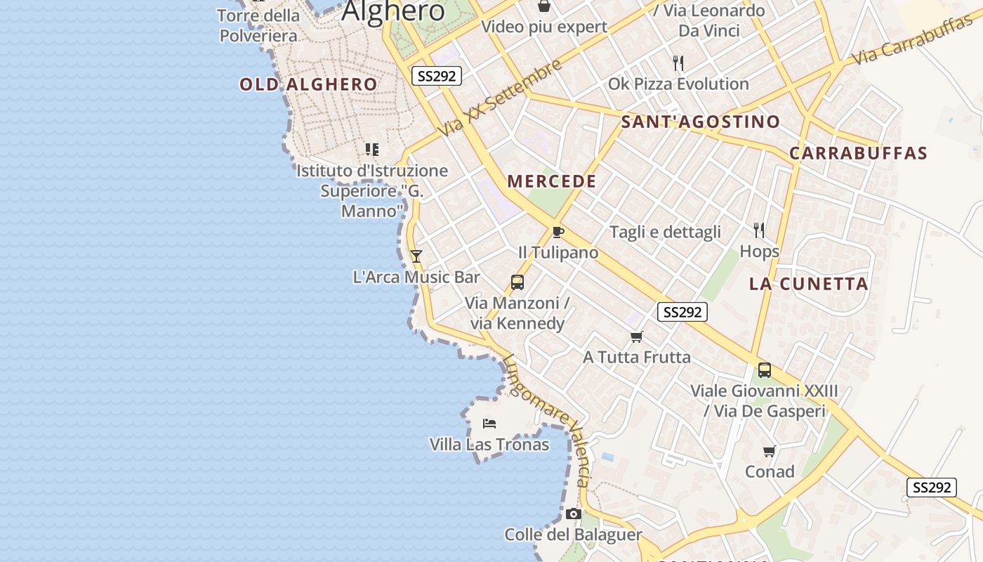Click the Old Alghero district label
[x=308, y=85]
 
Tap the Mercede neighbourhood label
[x=552, y=181]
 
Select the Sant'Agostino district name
[x=700, y=122]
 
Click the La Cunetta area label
[x=808, y=284]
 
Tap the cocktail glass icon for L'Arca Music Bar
[x=416, y=256]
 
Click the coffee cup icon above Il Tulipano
[x=558, y=232]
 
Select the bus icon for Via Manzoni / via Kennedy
[x=517, y=282]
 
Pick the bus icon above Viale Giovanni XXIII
[x=765, y=370]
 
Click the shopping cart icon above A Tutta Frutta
[x=637, y=337]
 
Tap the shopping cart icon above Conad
[x=770, y=451]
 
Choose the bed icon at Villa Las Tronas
[x=489, y=423]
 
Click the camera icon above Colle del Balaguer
[x=574, y=514]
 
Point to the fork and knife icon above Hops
[x=759, y=230]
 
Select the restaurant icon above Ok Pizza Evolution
[x=678, y=63]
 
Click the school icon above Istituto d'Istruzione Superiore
[x=372, y=149]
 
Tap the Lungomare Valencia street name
[x=546, y=419]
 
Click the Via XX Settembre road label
[x=500, y=98]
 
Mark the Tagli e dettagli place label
[x=665, y=232]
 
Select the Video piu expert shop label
[x=543, y=27]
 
